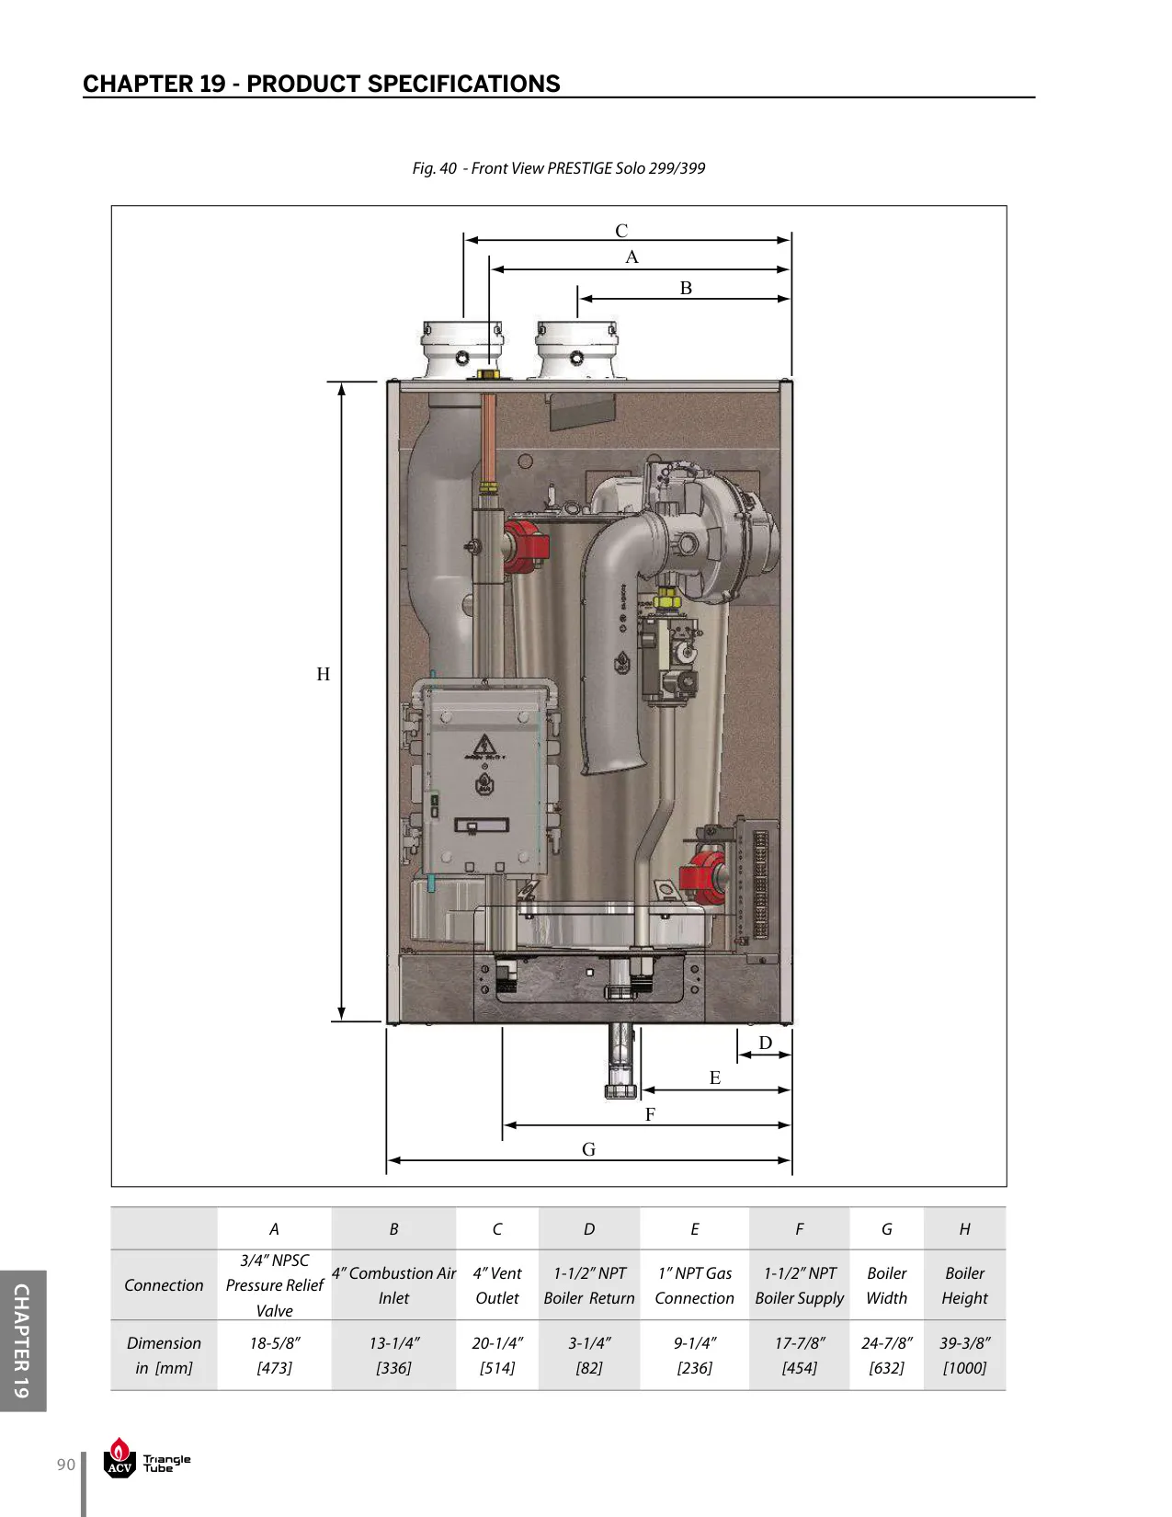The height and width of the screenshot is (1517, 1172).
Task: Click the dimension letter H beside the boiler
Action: (323, 674)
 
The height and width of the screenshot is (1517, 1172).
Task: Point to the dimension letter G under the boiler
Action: (588, 1149)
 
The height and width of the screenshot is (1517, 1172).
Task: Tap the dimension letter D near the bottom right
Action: (765, 1043)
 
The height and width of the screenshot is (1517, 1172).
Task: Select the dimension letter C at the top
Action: (621, 231)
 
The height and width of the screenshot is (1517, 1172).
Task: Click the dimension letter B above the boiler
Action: (686, 288)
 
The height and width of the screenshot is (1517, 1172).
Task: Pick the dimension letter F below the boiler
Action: (650, 1114)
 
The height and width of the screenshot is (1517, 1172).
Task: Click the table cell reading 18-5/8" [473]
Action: (274, 1355)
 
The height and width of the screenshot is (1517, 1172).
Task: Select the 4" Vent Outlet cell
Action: (497, 1285)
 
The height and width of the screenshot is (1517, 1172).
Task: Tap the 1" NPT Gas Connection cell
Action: (695, 1285)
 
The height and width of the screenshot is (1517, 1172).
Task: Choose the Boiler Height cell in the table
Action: (964, 1285)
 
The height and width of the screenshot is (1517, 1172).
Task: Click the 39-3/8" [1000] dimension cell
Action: (964, 1355)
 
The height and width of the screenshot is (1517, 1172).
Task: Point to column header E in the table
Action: (695, 1228)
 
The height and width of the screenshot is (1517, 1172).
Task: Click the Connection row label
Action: (164, 1285)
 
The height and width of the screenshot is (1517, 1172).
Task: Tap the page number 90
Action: (65, 1464)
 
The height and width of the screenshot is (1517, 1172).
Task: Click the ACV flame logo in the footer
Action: (119, 1457)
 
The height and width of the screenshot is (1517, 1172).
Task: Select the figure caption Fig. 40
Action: (434, 168)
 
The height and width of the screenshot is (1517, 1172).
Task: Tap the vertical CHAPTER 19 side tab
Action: (22, 1341)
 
